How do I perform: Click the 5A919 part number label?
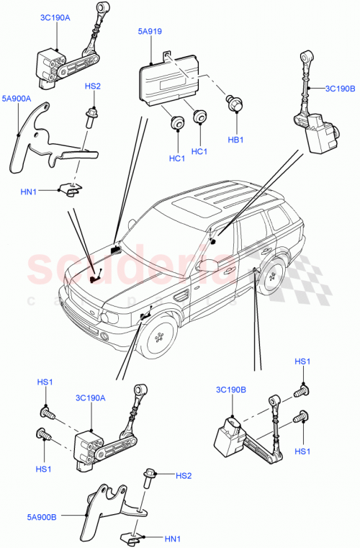[151, 32]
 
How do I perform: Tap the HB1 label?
[236, 140]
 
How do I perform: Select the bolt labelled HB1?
[234, 105]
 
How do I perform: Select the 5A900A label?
[16, 98]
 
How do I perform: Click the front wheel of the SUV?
[160, 336]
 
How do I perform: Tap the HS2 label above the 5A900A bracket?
[93, 86]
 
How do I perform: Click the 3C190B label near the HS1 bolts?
[230, 390]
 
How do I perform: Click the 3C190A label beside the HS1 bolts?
[90, 397]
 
